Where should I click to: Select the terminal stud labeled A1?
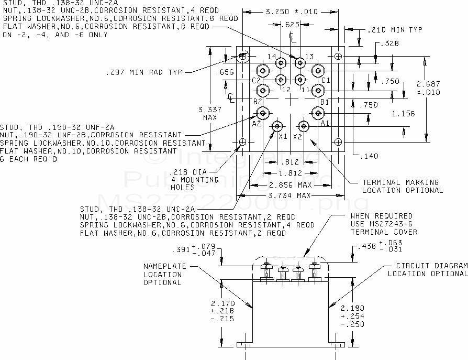318,112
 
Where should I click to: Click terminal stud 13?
300,63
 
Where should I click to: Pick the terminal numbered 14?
281,63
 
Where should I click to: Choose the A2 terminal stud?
263,112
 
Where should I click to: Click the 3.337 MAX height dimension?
210,113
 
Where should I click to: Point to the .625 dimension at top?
291,25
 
